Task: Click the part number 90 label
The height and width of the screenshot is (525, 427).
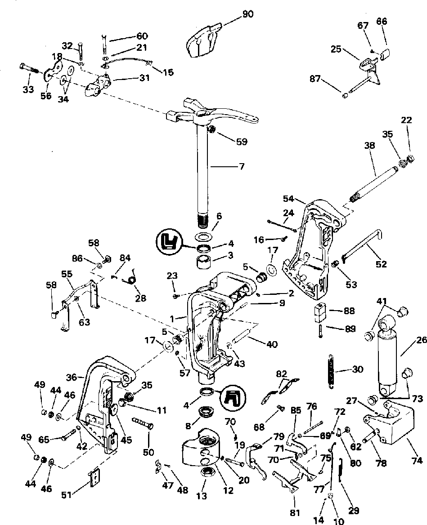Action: pos(248,14)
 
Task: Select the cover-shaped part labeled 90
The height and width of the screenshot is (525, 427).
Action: pos(202,40)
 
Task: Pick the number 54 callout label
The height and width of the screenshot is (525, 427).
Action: pos(289,198)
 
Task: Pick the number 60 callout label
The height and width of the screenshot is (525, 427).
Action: pos(142,36)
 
